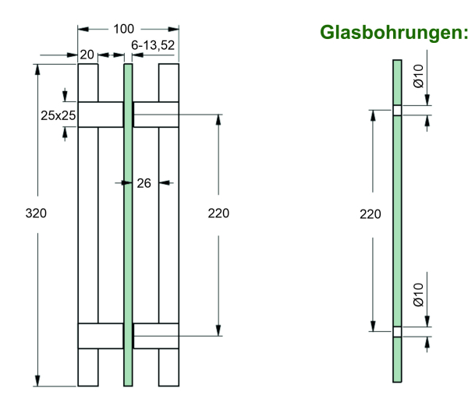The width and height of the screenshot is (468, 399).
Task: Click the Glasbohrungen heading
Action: (x=393, y=32)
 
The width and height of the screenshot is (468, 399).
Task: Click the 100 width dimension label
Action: (x=123, y=30)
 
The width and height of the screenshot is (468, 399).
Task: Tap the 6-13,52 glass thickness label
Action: (x=153, y=46)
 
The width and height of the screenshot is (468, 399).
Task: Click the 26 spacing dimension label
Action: (x=144, y=183)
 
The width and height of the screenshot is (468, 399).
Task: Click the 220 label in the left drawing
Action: (x=219, y=213)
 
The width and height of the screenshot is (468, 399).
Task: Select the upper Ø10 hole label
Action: (x=418, y=76)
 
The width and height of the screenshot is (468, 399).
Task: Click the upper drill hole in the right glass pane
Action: (x=397, y=110)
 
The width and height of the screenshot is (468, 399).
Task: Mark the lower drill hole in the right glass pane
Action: (x=397, y=332)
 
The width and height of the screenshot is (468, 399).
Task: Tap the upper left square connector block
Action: (x=101, y=114)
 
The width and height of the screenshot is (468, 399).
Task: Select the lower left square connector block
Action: (x=101, y=335)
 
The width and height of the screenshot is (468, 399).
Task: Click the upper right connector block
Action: (x=156, y=114)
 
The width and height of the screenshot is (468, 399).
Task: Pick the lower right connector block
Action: (x=156, y=335)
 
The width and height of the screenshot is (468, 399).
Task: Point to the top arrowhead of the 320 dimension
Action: (x=37, y=69)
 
